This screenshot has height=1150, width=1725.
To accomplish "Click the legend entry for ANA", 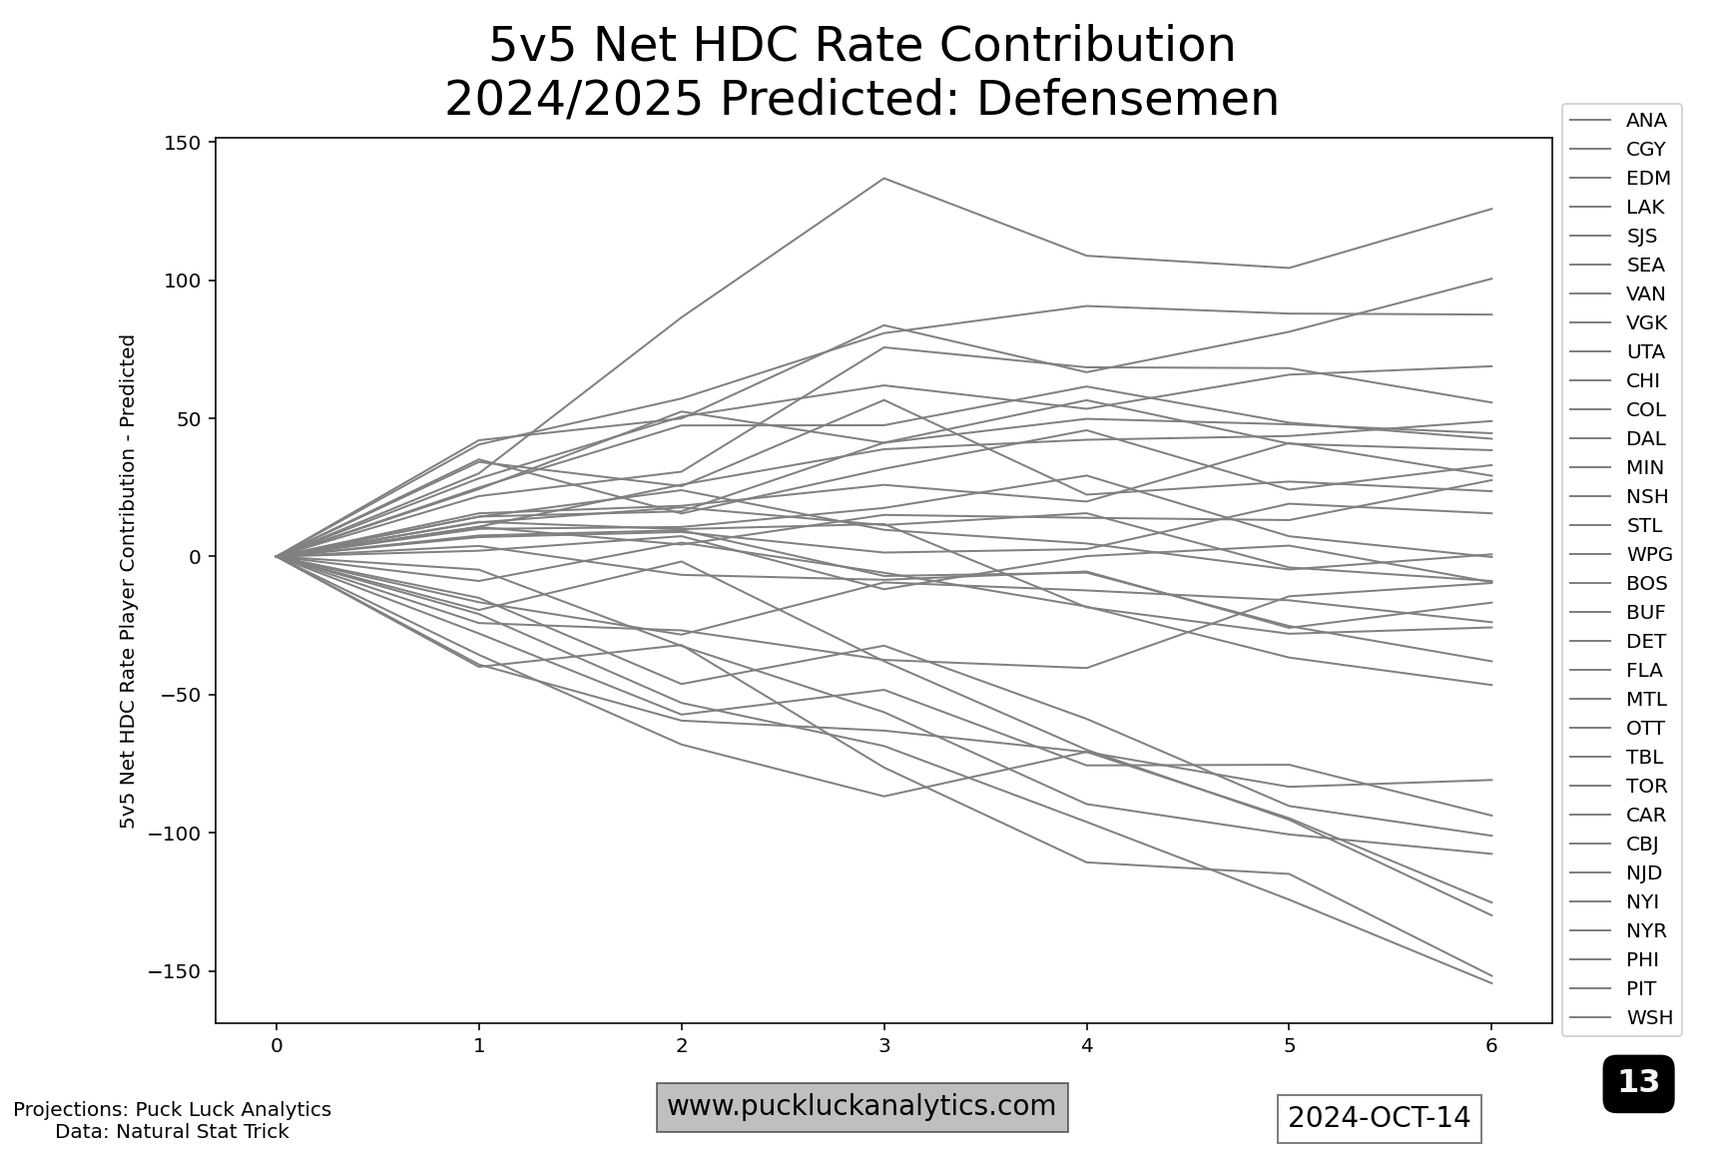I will (1645, 121).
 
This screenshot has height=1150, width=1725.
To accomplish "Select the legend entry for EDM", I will (1647, 179).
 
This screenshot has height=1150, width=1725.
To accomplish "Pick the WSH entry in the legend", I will (1649, 1018).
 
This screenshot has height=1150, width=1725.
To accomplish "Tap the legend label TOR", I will (1646, 787).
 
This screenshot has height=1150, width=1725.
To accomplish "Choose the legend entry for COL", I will (1645, 410).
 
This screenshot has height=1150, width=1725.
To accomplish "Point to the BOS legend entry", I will (1646, 584).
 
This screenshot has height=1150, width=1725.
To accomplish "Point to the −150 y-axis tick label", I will (179, 971).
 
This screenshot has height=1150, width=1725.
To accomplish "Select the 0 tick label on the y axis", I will (194, 557).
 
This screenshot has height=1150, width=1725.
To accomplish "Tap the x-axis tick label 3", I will (884, 1046).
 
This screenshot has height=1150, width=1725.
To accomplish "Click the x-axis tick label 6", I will (1491, 1046).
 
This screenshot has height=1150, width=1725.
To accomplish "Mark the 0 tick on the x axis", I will (277, 1046).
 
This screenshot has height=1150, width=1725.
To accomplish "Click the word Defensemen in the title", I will (1127, 99).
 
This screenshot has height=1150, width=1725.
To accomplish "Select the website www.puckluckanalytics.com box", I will (862, 1107).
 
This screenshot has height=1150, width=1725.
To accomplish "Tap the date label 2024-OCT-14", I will (1379, 1118).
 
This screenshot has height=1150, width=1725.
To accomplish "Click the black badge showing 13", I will (1638, 1082).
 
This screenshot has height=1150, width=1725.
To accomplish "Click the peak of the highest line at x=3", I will (884, 179).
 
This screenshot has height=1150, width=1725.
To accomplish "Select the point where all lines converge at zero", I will (277, 556).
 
